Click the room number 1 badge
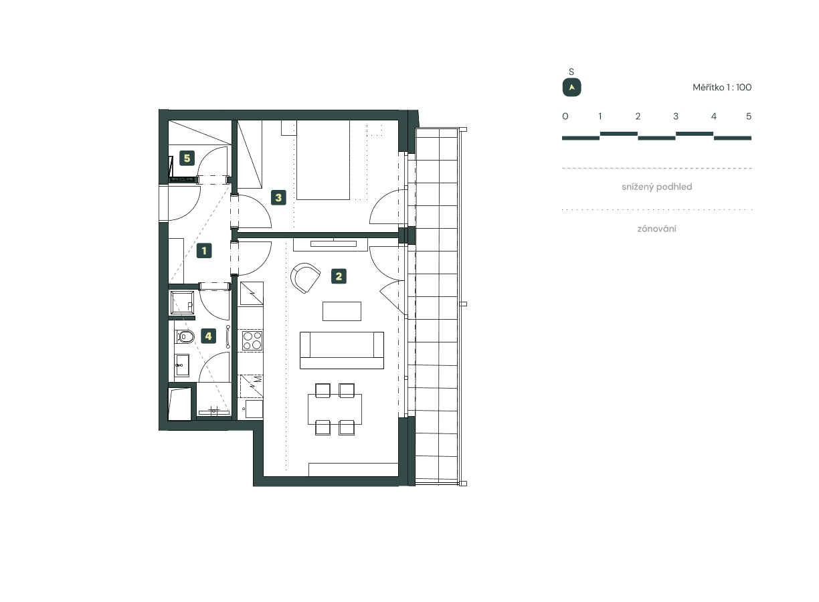click(x=204, y=252)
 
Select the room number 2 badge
click(x=339, y=276)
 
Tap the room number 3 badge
click(x=279, y=197)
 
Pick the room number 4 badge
click(x=209, y=336)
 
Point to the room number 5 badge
click(x=187, y=159)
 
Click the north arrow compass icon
click(x=571, y=88)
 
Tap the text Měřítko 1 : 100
click(x=722, y=88)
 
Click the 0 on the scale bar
click(x=565, y=116)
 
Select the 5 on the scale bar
click(x=749, y=116)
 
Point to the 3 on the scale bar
click(x=676, y=116)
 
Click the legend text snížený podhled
click(x=656, y=187)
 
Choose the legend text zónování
click(x=656, y=229)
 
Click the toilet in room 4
click(x=185, y=336)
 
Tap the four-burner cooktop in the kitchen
click(x=252, y=340)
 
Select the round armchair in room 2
click(x=307, y=278)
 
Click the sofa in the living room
click(x=342, y=349)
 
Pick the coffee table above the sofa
click(x=341, y=311)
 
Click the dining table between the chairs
click(x=335, y=409)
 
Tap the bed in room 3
click(x=324, y=161)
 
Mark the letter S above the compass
click(x=571, y=72)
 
